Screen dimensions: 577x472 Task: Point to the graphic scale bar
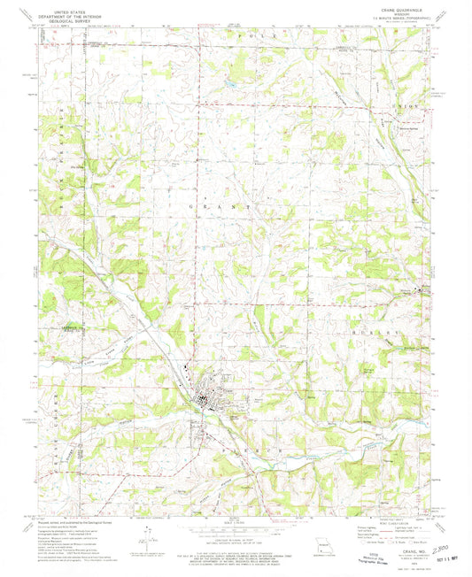pos(235,527)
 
